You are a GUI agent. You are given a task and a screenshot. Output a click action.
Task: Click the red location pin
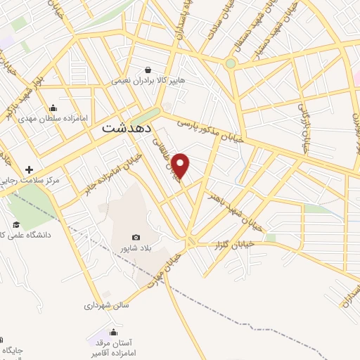pos(181,165)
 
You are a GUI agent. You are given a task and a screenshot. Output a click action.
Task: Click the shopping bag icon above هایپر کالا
pos(148,70)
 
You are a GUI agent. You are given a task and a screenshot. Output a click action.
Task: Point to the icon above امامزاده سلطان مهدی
pos(53,108)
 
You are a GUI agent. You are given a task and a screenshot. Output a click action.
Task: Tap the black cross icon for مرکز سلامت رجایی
pos(29,169)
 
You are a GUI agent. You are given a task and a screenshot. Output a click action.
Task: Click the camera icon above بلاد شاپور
pos(135,238)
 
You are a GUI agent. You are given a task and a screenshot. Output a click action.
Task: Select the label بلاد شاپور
pos(136,248)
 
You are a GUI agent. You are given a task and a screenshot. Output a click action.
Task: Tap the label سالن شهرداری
pos(103,306)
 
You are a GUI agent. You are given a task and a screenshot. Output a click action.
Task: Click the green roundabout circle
pos(231,64)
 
